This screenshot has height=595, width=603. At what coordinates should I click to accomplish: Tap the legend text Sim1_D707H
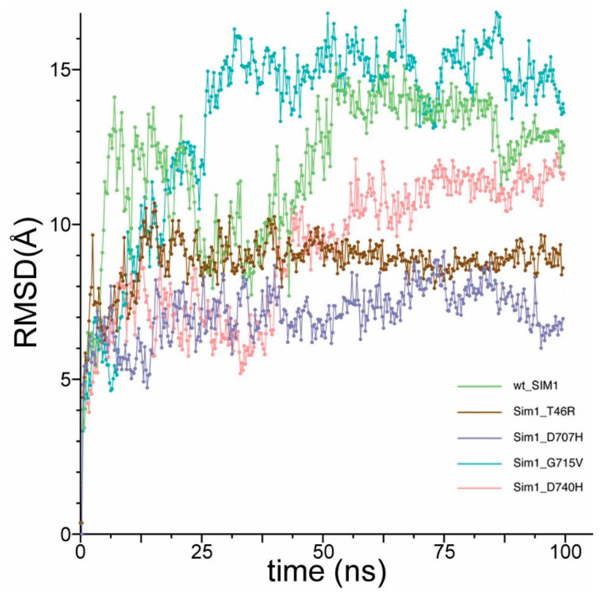pyautogui.click(x=548, y=437)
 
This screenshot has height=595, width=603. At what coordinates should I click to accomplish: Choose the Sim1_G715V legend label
pyautogui.click(x=548, y=463)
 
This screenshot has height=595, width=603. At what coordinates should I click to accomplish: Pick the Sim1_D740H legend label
pyautogui.click(x=548, y=488)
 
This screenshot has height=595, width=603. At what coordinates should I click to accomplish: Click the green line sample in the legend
pyautogui.click(x=480, y=386)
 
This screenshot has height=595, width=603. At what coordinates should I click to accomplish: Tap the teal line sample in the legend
pyautogui.click(x=480, y=463)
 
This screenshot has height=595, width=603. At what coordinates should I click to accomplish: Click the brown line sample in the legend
pyautogui.click(x=480, y=412)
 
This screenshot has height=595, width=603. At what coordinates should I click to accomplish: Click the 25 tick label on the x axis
pyautogui.click(x=202, y=552)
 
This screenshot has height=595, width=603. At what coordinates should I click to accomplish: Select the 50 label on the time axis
pyautogui.click(x=323, y=552)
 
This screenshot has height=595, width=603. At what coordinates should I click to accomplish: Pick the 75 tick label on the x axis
pyautogui.click(x=444, y=552)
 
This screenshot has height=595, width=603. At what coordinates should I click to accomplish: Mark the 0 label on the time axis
pyautogui.click(x=81, y=552)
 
